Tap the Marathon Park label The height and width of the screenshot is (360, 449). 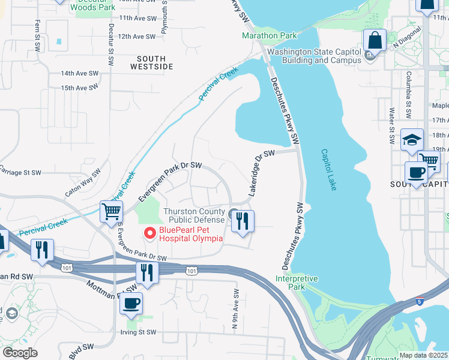point(270,35)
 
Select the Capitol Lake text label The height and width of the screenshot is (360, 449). point(328,170)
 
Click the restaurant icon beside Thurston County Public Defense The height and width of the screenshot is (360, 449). point(243,221)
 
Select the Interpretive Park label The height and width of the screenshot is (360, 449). point(297,283)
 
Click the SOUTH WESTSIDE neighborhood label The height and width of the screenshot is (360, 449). point(146,62)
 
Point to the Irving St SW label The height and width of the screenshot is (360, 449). point(135,332)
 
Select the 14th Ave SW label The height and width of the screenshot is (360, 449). point(79,73)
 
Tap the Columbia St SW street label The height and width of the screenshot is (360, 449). point(408,86)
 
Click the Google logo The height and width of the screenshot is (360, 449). point(20,353)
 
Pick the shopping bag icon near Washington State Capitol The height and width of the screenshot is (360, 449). point(375,41)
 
